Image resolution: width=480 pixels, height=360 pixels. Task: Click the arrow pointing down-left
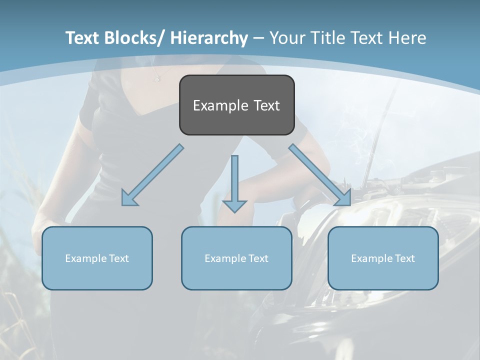152,175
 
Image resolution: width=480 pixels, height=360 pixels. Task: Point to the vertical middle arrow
234,182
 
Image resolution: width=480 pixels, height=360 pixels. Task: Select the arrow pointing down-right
320,175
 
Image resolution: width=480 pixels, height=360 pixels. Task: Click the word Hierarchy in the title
209,38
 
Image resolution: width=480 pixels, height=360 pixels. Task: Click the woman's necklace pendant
156,79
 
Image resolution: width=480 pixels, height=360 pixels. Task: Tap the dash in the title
258,38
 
